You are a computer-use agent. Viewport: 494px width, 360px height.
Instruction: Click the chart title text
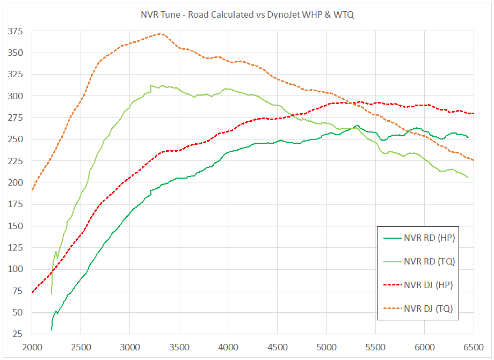pos(247,15)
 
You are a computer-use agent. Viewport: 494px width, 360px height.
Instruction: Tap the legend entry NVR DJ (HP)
pos(428,285)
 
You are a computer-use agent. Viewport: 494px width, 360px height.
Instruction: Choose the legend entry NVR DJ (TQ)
pos(428,309)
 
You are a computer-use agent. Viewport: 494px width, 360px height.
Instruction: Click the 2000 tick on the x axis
pos(32,347)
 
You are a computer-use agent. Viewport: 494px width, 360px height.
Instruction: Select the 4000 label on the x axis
pos(228,347)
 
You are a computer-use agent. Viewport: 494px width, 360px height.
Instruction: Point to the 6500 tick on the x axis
pos(473,347)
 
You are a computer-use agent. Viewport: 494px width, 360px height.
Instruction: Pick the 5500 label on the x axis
pos(375,347)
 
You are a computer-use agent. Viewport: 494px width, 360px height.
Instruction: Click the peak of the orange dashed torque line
pos(159,34)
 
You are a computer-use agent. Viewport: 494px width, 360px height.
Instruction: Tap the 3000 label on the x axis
pos(130,347)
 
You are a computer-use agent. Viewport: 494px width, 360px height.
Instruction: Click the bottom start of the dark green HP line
pos(52,329)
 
